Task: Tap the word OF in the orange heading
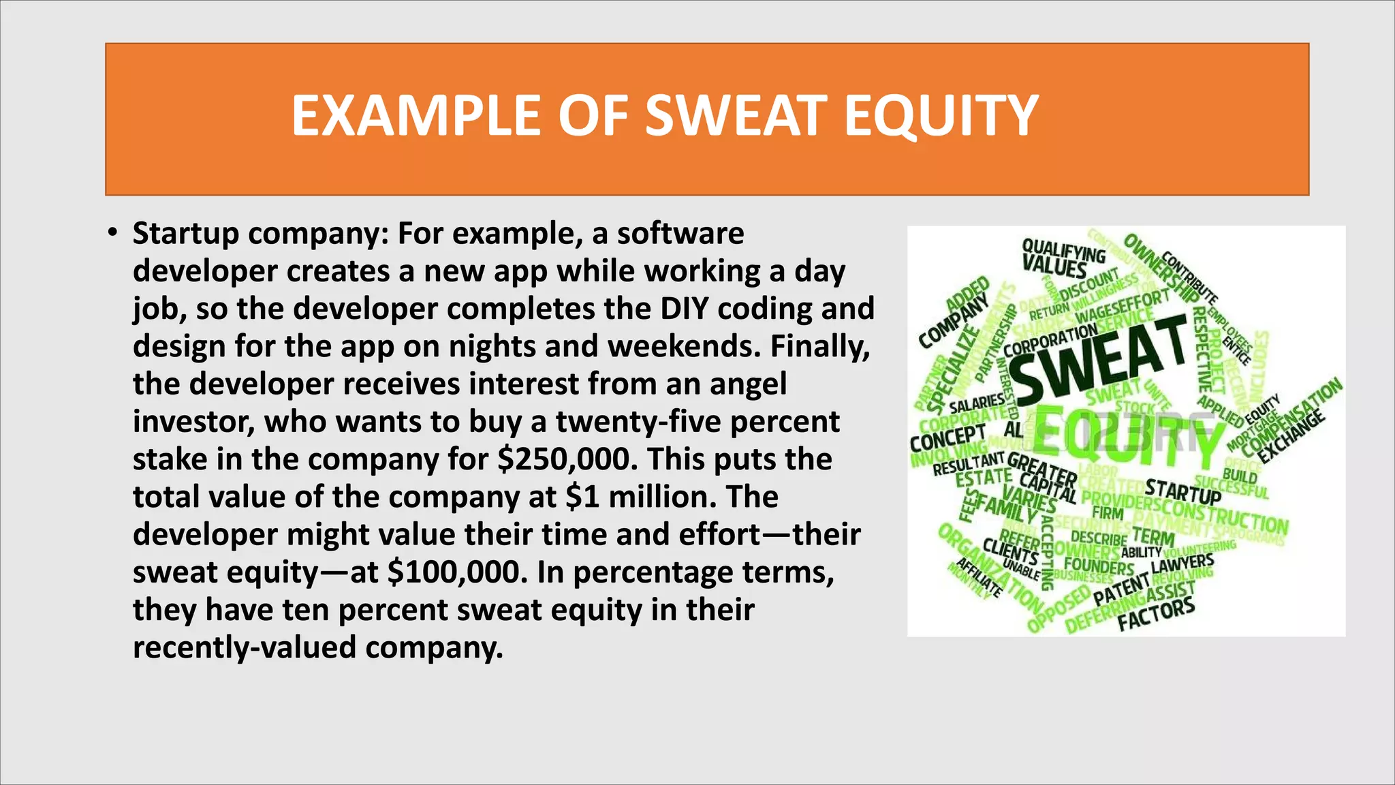click(600, 116)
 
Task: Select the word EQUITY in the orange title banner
click(941, 116)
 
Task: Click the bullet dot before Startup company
click(112, 233)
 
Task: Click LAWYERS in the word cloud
click(1182, 563)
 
